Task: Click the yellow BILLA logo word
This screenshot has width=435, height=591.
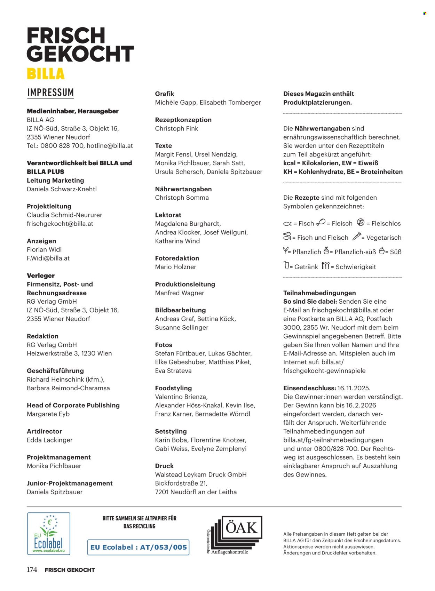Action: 46,74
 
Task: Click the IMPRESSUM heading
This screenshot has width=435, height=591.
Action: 50,93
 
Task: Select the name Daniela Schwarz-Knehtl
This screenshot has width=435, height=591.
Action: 62,189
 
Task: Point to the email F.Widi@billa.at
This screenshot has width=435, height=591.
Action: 48,258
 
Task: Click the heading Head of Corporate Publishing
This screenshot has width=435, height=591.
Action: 73,405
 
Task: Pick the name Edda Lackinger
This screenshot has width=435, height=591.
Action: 49,440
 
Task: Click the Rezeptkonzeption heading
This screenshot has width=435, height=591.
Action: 183,120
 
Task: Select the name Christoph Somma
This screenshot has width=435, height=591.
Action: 182,198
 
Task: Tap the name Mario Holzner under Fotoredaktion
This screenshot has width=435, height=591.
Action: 175,267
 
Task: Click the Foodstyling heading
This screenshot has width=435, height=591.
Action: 173,388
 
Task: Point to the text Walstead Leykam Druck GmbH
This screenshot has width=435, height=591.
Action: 200,474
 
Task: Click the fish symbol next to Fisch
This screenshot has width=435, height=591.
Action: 287,224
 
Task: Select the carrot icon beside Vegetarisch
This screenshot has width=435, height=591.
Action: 356,237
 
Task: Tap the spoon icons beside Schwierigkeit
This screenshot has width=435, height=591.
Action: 325,266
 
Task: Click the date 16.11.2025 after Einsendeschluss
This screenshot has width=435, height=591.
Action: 354,388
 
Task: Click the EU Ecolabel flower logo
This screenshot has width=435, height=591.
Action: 49,534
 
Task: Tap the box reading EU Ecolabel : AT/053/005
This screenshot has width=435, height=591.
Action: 138,547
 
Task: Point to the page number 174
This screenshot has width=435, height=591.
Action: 32,570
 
